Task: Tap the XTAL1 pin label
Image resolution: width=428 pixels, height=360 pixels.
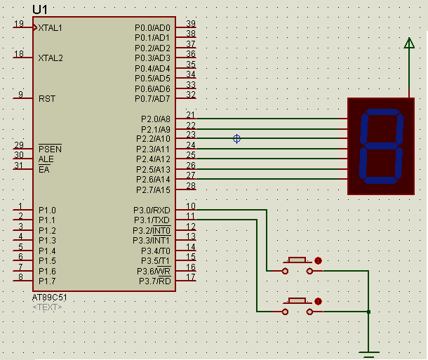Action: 51,27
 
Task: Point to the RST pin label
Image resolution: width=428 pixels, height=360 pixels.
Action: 47,99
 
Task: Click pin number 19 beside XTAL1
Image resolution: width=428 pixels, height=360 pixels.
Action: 19,24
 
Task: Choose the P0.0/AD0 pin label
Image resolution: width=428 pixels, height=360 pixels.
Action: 152,27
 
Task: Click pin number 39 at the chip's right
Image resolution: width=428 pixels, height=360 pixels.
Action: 190,24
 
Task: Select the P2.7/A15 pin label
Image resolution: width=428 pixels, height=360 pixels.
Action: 152,190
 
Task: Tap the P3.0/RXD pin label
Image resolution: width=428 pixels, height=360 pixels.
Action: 152,210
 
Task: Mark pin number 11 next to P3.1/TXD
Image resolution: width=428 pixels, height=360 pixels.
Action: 190,216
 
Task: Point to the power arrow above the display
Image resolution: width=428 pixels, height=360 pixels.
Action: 409,44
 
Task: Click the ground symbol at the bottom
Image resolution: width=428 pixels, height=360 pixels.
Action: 368,353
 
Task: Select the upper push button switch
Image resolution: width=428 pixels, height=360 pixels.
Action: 298,264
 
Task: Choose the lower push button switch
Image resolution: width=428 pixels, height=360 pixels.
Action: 298,305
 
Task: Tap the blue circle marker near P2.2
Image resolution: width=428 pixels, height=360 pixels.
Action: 236,139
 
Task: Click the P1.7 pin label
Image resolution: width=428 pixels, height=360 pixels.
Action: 48,281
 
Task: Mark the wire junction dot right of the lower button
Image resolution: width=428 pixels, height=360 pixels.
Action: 368,311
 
